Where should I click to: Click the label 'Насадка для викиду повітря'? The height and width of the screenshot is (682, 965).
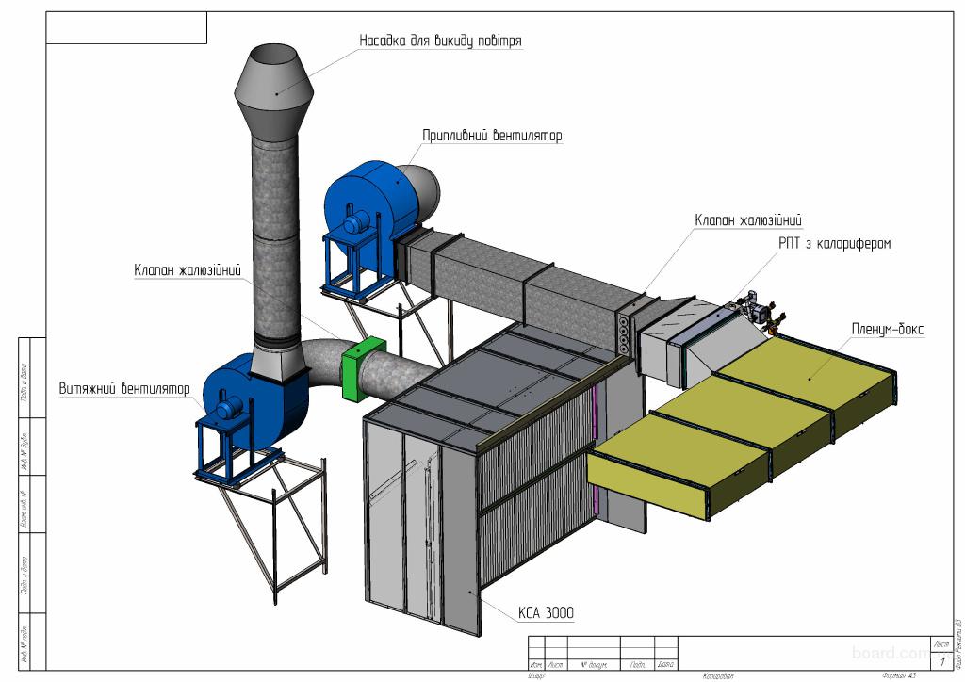pos(440,41)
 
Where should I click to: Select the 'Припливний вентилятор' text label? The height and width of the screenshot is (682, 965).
pos(492,136)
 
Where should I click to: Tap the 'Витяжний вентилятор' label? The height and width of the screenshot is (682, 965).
pos(123,388)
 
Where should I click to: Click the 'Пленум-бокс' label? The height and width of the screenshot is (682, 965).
pos(890,331)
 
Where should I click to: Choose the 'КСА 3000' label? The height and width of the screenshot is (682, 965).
pos(545,613)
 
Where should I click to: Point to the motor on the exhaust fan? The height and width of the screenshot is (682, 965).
pos(228,406)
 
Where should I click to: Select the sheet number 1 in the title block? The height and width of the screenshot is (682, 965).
pos(942,663)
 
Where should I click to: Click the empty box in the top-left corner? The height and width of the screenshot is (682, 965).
pos(125,28)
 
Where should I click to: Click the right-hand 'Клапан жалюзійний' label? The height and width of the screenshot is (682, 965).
pos(748,220)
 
